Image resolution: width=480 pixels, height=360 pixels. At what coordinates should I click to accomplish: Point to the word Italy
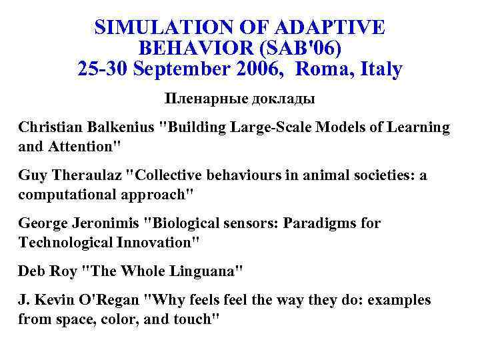click(x=379, y=69)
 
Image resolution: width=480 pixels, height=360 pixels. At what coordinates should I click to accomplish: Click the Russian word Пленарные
click(x=205, y=99)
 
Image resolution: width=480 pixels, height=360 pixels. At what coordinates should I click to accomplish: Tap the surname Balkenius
click(x=121, y=127)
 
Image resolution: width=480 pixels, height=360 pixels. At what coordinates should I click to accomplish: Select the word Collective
click(x=167, y=175)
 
